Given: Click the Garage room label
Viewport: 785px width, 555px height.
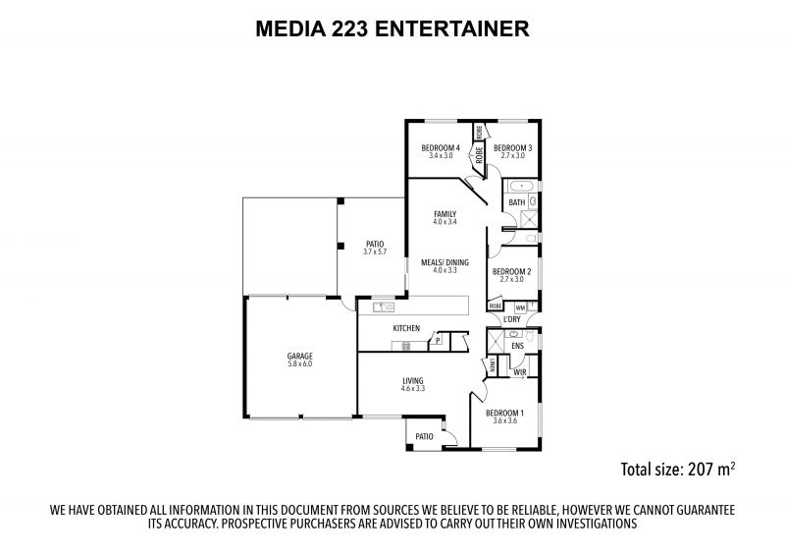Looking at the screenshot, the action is (x=299, y=356).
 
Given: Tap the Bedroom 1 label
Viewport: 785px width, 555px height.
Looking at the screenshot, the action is (x=504, y=414).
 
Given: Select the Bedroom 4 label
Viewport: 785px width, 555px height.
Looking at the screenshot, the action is (x=441, y=148).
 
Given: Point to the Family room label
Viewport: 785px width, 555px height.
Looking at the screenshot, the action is (x=445, y=214).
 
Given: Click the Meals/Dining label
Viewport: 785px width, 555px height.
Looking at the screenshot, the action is (x=445, y=262).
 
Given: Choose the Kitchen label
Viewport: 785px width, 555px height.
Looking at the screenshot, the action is (x=406, y=328).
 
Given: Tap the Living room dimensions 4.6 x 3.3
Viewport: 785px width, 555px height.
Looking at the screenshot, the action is (x=413, y=388).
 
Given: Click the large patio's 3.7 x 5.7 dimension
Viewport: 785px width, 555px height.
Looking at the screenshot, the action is (x=375, y=251).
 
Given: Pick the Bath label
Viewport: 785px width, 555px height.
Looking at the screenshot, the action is (x=517, y=202).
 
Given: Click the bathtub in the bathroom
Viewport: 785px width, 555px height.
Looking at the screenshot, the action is (x=523, y=187).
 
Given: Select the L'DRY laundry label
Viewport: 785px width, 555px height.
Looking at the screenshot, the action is (x=512, y=319).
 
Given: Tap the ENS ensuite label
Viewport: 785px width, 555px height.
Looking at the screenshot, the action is (x=518, y=346).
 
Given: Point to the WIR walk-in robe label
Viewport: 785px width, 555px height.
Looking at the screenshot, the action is (x=520, y=372).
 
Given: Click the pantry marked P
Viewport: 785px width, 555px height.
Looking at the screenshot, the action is (x=438, y=341).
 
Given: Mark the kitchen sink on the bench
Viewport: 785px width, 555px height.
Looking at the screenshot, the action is (x=384, y=306).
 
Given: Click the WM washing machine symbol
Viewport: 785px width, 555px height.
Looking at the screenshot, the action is (x=520, y=307).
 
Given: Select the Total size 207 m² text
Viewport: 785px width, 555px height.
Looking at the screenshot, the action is (x=678, y=470).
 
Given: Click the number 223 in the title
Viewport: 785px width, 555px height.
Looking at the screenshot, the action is (x=350, y=28).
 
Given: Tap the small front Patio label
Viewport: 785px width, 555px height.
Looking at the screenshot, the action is (x=425, y=436).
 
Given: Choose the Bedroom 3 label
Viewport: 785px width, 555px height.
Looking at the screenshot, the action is (x=512, y=148).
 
